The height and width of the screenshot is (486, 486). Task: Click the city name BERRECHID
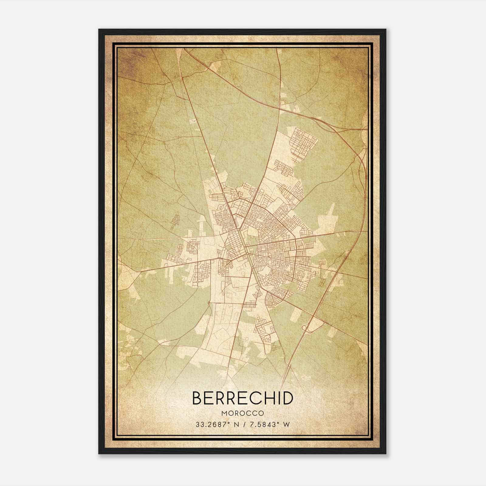(243, 398)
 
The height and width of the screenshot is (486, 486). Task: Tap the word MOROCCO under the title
(243, 413)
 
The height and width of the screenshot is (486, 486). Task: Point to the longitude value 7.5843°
(263, 425)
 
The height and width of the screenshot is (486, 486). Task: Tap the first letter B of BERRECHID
(197, 398)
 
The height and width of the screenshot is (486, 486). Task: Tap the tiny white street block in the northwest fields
(192, 122)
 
